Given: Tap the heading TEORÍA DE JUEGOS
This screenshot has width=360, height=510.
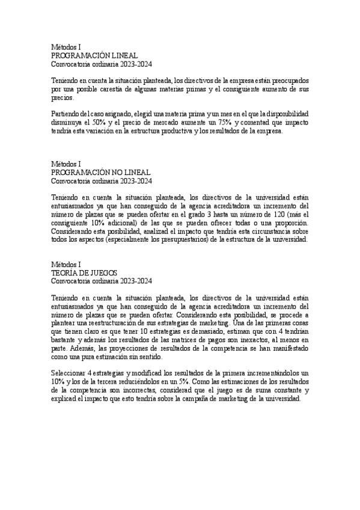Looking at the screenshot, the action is coord(84,272).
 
